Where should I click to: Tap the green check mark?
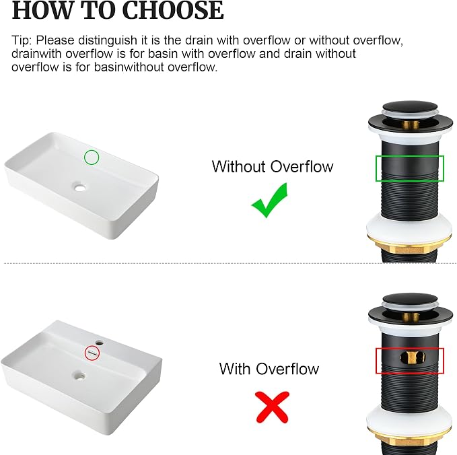[270, 201]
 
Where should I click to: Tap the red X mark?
[272, 407]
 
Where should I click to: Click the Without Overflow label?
[273, 167]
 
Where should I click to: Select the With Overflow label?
[269, 369]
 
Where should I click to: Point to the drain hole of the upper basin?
[79, 187]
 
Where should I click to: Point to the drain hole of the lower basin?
[79, 375]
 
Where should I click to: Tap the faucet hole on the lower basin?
[100, 343]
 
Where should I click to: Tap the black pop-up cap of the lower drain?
[410, 298]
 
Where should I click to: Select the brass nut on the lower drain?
[409, 440]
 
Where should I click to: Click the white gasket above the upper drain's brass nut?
[409, 229]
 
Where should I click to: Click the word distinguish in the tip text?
[108, 40]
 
